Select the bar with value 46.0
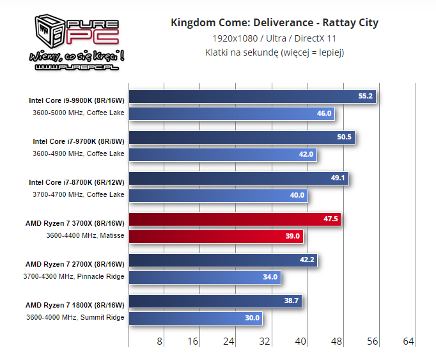point(231,113)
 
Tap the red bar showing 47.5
point(235,219)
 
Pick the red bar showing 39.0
point(215,236)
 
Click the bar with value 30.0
point(195,318)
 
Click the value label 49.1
point(338,178)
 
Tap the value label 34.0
point(270,277)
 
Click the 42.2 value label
point(308,260)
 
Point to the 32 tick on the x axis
point(265,341)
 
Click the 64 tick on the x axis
point(409,341)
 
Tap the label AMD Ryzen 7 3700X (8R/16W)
point(75,223)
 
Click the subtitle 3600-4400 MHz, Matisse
point(85,235)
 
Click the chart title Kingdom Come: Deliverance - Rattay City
point(274,23)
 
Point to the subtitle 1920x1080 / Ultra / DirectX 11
point(274,38)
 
